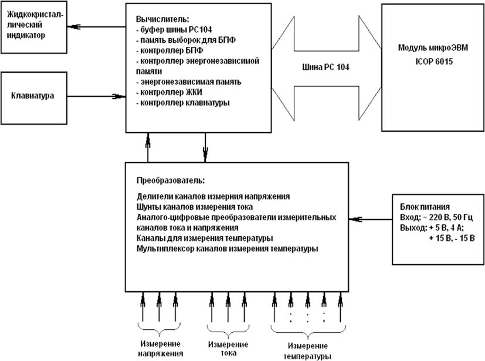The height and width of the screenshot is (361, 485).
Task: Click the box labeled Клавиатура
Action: click(x=32, y=95)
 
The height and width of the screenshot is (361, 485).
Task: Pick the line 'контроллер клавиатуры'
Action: click(x=182, y=103)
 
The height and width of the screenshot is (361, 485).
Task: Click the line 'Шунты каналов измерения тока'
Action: click(x=191, y=206)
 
